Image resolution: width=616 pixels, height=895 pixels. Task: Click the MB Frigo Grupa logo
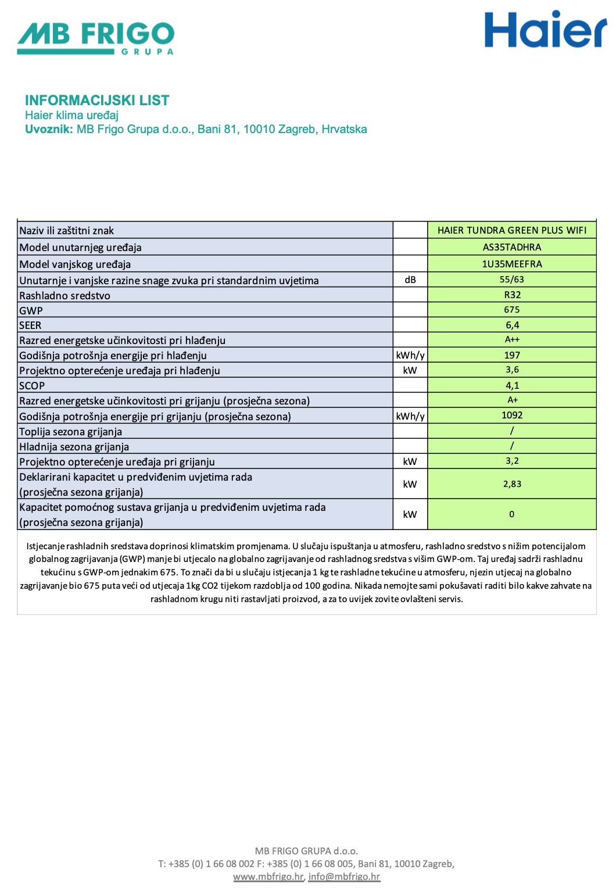(x=96, y=38)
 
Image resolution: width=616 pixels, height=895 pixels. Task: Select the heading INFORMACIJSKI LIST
(x=97, y=101)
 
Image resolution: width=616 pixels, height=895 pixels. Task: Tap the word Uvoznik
(x=49, y=129)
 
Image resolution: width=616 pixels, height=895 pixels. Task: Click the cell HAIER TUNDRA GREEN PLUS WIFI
(x=512, y=230)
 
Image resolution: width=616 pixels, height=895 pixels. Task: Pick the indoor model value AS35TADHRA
(x=512, y=247)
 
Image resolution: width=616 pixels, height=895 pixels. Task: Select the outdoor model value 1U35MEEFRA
(x=512, y=264)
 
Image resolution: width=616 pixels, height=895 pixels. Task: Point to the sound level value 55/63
(x=512, y=280)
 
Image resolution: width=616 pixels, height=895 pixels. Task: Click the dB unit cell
(x=410, y=280)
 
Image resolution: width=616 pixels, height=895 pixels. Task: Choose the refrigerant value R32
(x=512, y=295)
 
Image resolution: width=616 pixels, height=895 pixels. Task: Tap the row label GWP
(x=31, y=310)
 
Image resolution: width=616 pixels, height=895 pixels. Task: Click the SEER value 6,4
(x=512, y=325)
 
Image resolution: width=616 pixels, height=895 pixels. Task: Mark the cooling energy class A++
(x=512, y=339)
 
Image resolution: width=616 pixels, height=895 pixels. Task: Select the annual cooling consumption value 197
(x=512, y=355)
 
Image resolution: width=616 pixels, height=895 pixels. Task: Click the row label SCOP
(x=32, y=386)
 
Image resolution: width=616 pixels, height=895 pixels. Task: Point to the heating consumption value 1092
(x=512, y=415)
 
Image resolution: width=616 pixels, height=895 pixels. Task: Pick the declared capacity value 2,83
(x=512, y=484)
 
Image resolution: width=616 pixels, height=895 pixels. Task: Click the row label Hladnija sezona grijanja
(x=74, y=447)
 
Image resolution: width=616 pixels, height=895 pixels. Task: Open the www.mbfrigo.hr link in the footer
(x=268, y=876)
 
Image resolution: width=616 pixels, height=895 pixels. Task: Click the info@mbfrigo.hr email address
(x=344, y=876)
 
